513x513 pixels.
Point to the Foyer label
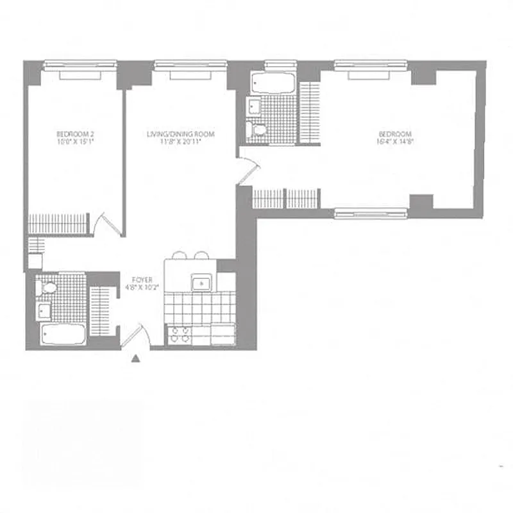click(x=140, y=280)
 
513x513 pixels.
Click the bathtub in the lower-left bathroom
click(x=62, y=333)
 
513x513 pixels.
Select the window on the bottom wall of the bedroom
click(x=371, y=213)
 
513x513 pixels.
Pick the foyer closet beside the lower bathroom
click(x=101, y=311)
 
